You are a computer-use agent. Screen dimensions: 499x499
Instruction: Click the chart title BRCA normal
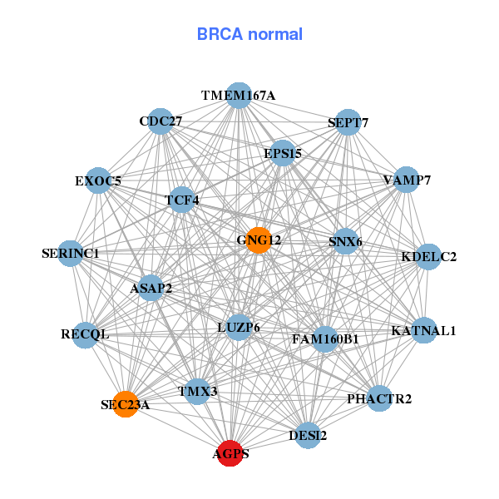pos(249,35)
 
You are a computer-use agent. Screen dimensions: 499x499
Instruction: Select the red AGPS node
pos(230,454)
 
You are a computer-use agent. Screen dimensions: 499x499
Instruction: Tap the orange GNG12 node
pos(259,240)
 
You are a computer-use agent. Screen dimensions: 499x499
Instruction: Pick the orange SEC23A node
pos(126,404)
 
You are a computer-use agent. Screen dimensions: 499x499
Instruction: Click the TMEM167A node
pos(239,96)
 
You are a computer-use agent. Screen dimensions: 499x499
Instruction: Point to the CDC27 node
pos(161,121)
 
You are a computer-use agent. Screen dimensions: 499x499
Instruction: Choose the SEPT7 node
pos(348,122)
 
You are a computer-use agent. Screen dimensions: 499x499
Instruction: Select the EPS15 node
pos(283,153)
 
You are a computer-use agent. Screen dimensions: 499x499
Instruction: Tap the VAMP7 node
pos(406,180)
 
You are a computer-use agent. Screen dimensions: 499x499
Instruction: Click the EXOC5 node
pos(98,180)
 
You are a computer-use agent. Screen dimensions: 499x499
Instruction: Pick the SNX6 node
pos(345,242)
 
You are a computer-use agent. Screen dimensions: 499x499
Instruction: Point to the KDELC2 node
pos(428,256)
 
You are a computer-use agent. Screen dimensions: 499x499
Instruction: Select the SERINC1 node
pos(71,253)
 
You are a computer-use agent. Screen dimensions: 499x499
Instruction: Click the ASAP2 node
pos(151,289)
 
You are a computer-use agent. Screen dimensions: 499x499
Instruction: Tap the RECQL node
pos(85,334)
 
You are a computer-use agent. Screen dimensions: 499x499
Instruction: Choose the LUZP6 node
pos(239,328)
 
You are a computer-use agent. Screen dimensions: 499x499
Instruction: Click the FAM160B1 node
pos(325,338)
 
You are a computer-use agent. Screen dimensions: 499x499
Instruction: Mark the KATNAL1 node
pos(424,330)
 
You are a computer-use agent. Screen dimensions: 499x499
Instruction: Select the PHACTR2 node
pos(379,398)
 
